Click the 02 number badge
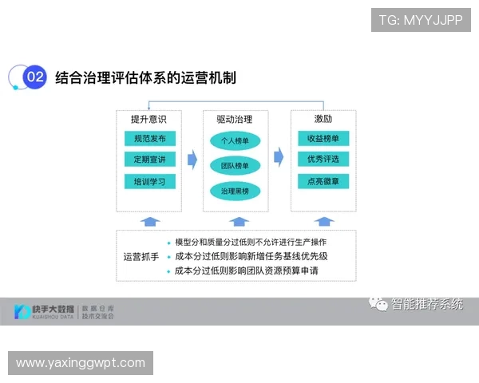click(x=34, y=77)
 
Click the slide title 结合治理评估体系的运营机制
click(x=145, y=77)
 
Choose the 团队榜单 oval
click(x=236, y=166)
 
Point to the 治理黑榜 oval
click(x=236, y=191)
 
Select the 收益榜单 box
click(x=323, y=139)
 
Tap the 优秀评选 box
click(x=323, y=160)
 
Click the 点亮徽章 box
click(x=323, y=181)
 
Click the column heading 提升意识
click(x=148, y=120)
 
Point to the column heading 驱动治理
click(x=235, y=120)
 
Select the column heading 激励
click(x=323, y=120)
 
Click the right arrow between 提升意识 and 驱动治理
click(x=192, y=160)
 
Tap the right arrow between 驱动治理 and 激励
click(x=279, y=155)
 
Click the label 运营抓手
click(x=141, y=257)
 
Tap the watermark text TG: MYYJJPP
click(x=421, y=18)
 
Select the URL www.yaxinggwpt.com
click(x=81, y=363)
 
